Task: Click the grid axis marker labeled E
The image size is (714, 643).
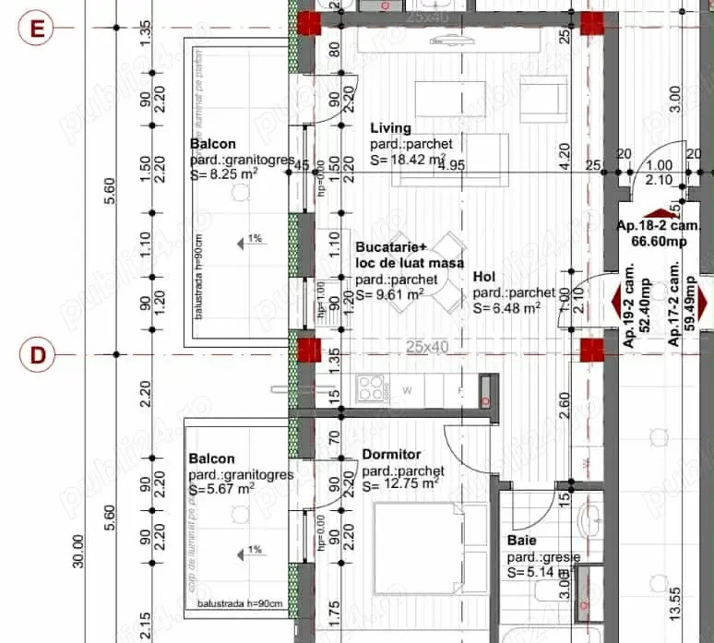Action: [x=38, y=29]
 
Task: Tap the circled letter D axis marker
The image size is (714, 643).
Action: [x=38, y=354]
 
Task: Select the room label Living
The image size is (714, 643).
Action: [x=390, y=128]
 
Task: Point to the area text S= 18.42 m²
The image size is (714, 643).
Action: [x=403, y=160]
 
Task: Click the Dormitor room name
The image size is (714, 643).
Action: [x=391, y=455]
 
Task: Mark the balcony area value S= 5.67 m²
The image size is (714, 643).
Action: [x=221, y=490]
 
